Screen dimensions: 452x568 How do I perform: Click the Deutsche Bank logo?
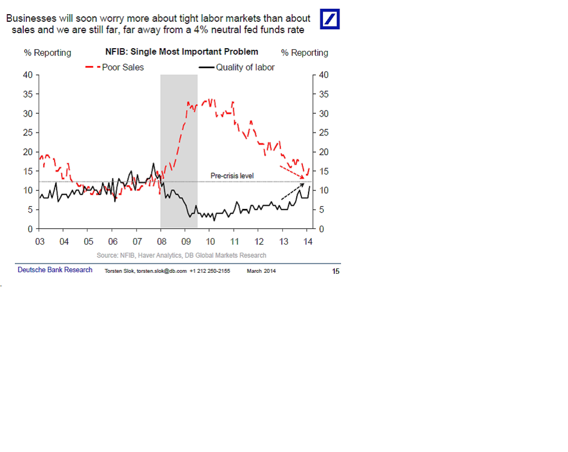pyautogui.click(x=330, y=19)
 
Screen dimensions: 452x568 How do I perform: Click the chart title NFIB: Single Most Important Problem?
pyautogui.click(x=182, y=52)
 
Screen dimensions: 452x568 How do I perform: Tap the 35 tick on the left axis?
pyautogui.click(x=28, y=94)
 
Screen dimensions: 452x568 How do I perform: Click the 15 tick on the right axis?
pyautogui.click(x=324, y=171)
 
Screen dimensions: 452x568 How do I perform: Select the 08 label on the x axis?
pyautogui.click(x=161, y=241)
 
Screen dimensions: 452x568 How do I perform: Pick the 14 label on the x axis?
pyautogui.click(x=308, y=241)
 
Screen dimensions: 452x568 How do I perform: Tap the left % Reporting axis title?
pyautogui.click(x=47, y=53)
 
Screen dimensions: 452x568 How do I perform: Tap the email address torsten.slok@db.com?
pyautogui.click(x=161, y=271)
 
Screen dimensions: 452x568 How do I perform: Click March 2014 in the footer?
pyautogui.click(x=261, y=271)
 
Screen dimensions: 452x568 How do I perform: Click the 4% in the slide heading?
pyautogui.click(x=201, y=30)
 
